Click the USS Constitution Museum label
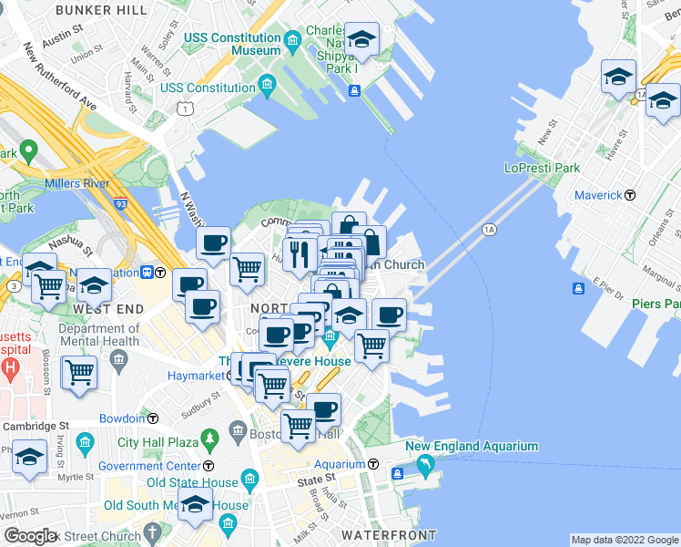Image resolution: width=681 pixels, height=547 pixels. (x=232, y=44)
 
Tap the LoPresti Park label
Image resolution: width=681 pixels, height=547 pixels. (x=542, y=169)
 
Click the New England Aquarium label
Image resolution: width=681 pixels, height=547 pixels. (x=472, y=447)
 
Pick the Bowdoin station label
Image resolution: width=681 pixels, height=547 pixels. (x=121, y=418)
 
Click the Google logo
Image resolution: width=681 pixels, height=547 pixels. (x=30, y=536)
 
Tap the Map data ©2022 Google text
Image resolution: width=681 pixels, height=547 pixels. (x=624, y=540)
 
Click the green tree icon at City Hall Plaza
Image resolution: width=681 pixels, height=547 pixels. (x=209, y=439)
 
